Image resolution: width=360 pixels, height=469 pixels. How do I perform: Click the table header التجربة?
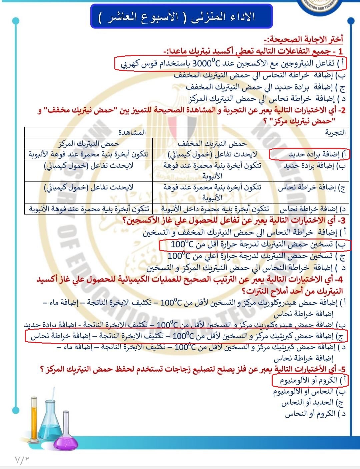tap(335, 132)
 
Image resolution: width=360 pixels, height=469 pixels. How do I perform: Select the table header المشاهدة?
tap(132, 132)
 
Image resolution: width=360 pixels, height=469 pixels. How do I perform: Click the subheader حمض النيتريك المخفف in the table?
tap(212, 143)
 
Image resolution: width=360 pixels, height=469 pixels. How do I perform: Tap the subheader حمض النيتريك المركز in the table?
tap(89, 143)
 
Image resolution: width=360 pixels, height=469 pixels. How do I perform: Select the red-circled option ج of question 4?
tap(187, 336)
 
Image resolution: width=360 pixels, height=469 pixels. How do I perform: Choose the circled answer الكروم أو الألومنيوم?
tap(309, 380)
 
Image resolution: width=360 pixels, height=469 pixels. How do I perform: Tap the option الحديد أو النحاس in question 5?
tap(312, 403)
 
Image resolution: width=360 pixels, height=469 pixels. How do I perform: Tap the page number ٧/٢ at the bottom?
tap(22, 460)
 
